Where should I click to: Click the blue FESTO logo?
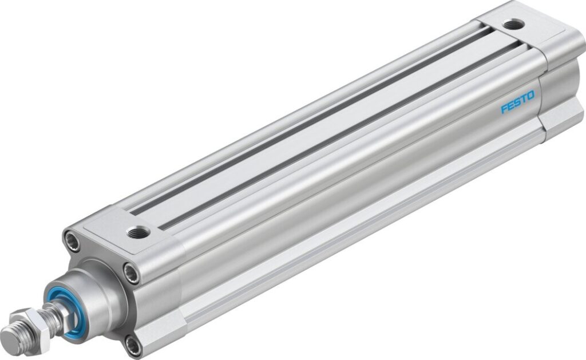[x=517, y=104]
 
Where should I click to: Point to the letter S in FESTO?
[x=517, y=104]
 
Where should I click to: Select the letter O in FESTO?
[x=530, y=97]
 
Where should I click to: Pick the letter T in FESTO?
[x=524, y=101]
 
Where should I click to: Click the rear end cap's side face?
[x=564, y=86]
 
